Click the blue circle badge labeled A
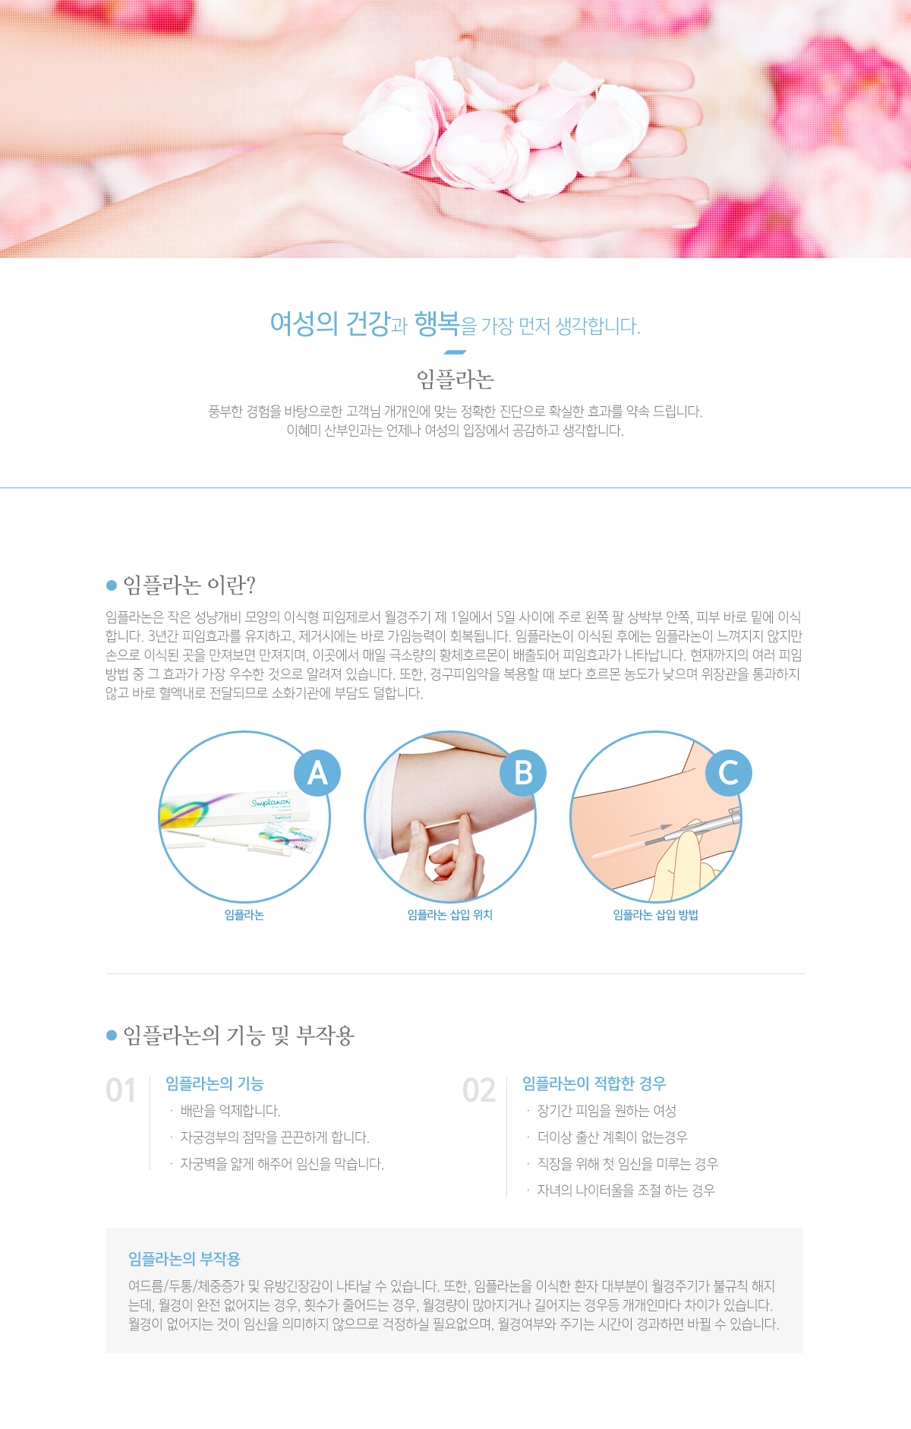[317, 773]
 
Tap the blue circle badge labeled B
[523, 773]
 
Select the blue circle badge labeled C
[729, 773]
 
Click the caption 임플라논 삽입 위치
[450, 915]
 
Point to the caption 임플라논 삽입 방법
[656, 915]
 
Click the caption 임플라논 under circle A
[244, 915]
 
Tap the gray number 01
[121, 1090]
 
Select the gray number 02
[479, 1090]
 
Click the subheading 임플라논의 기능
[215, 1084]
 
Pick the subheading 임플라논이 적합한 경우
[594, 1084]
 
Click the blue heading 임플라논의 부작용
[184, 1259]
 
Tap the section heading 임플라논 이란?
[190, 585]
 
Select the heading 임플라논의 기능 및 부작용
[239, 1035]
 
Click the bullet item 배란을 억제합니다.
[231, 1111]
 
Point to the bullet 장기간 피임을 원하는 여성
[607, 1111]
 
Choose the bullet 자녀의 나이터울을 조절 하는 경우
[626, 1191]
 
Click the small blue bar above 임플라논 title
[455, 352]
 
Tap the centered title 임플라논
[455, 379]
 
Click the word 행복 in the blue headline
[437, 323]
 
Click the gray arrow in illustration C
[651, 831]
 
